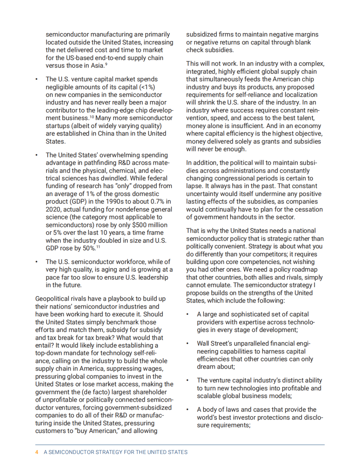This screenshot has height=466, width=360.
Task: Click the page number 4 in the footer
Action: click(x=37, y=452)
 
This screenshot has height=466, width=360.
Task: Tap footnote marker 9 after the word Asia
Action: click(x=106, y=64)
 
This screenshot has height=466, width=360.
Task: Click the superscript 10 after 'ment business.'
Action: click(x=92, y=117)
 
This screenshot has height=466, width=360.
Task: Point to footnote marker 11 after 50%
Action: click(x=98, y=247)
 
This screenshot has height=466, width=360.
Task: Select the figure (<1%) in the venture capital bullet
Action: click(x=147, y=87)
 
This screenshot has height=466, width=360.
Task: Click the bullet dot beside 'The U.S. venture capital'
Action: click(x=37, y=79)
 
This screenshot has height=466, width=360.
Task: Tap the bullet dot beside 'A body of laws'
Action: click(x=188, y=410)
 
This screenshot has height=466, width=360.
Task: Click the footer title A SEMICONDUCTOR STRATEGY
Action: click(x=116, y=452)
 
